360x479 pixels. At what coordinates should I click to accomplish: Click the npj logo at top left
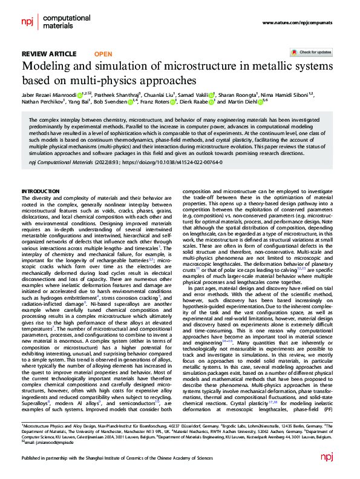coord(28,22)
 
